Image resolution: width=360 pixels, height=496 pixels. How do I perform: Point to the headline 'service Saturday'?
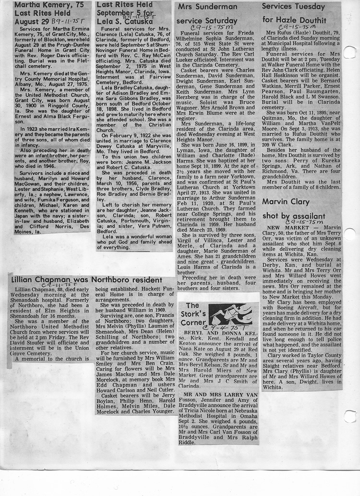pos(207,21)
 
